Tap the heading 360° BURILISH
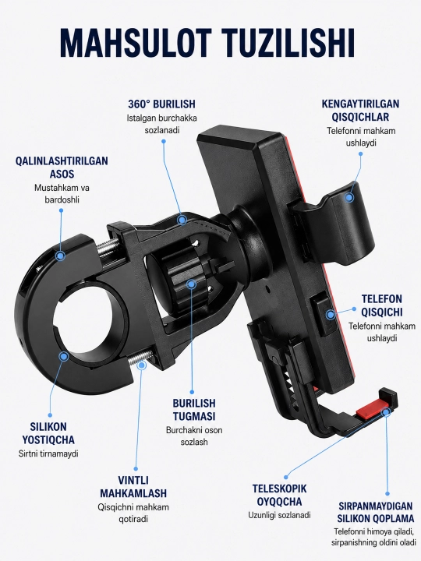[x=162, y=104]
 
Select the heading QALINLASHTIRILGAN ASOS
[x=62, y=167]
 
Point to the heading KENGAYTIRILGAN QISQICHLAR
[x=360, y=110]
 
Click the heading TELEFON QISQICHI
[x=381, y=305]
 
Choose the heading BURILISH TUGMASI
[x=194, y=410]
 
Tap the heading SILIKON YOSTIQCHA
[x=48, y=433]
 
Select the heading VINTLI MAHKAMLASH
[x=133, y=486]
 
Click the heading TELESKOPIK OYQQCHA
[x=280, y=496]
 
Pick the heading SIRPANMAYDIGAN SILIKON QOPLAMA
[x=376, y=513]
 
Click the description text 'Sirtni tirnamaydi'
[x=48, y=453]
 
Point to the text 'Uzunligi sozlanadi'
[x=280, y=515]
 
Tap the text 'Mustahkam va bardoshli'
[x=62, y=193]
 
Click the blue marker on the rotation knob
[x=192, y=284]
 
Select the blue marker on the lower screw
[x=142, y=365]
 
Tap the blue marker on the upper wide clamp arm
[x=350, y=197]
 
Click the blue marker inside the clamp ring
[x=64, y=356]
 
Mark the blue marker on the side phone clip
[x=331, y=315]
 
